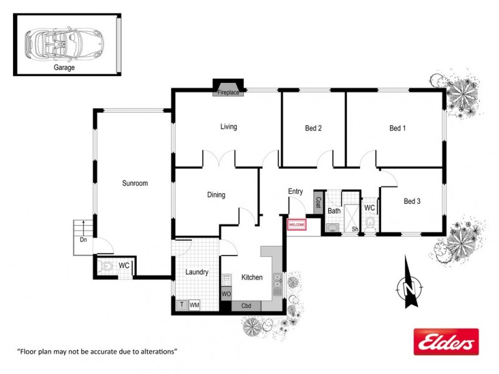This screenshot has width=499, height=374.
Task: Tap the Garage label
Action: [64, 68]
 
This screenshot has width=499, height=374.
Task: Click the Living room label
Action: [228, 127]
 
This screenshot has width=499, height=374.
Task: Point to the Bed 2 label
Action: [313, 128]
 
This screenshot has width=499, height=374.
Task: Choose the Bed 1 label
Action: [397, 128]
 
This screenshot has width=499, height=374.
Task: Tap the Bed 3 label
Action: [412, 201]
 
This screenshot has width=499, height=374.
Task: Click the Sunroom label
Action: [135, 183]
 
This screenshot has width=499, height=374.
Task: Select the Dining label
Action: [216, 195]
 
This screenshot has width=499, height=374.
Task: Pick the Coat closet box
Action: [317, 203]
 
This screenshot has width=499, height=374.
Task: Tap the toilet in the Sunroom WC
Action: [107, 267]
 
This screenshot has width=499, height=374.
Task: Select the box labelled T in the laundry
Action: [182, 305]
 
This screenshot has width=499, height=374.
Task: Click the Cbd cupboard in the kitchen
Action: [246, 306]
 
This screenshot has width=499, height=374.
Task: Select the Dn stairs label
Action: [83, 239]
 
